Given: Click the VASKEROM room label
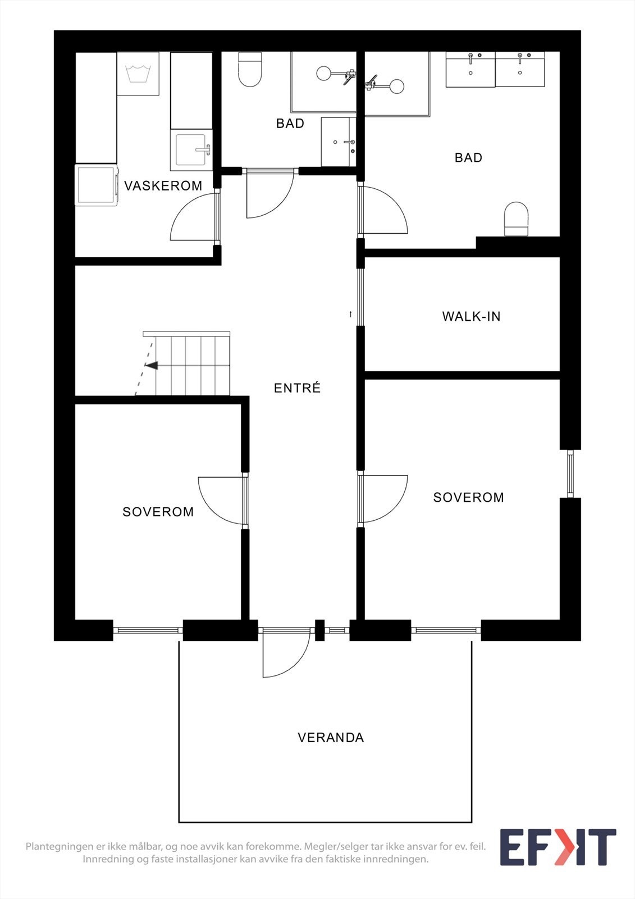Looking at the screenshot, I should (163, 186).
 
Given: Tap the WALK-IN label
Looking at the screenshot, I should (471, 316).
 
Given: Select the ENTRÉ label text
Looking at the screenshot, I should (297, 388).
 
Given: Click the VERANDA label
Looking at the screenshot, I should (331, 737).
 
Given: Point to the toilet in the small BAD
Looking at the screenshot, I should (250, 70).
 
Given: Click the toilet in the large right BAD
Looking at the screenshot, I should (517, 219).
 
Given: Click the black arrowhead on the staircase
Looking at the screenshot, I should (152, 366).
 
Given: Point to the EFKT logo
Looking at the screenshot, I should (558, 847).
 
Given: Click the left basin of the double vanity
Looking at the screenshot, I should (470, 70).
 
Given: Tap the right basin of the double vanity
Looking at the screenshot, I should (520, 70).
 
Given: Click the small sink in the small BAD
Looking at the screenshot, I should (338, 142).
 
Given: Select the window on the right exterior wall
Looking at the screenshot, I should (570, 473).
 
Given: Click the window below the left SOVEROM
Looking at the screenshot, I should (148, 630).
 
